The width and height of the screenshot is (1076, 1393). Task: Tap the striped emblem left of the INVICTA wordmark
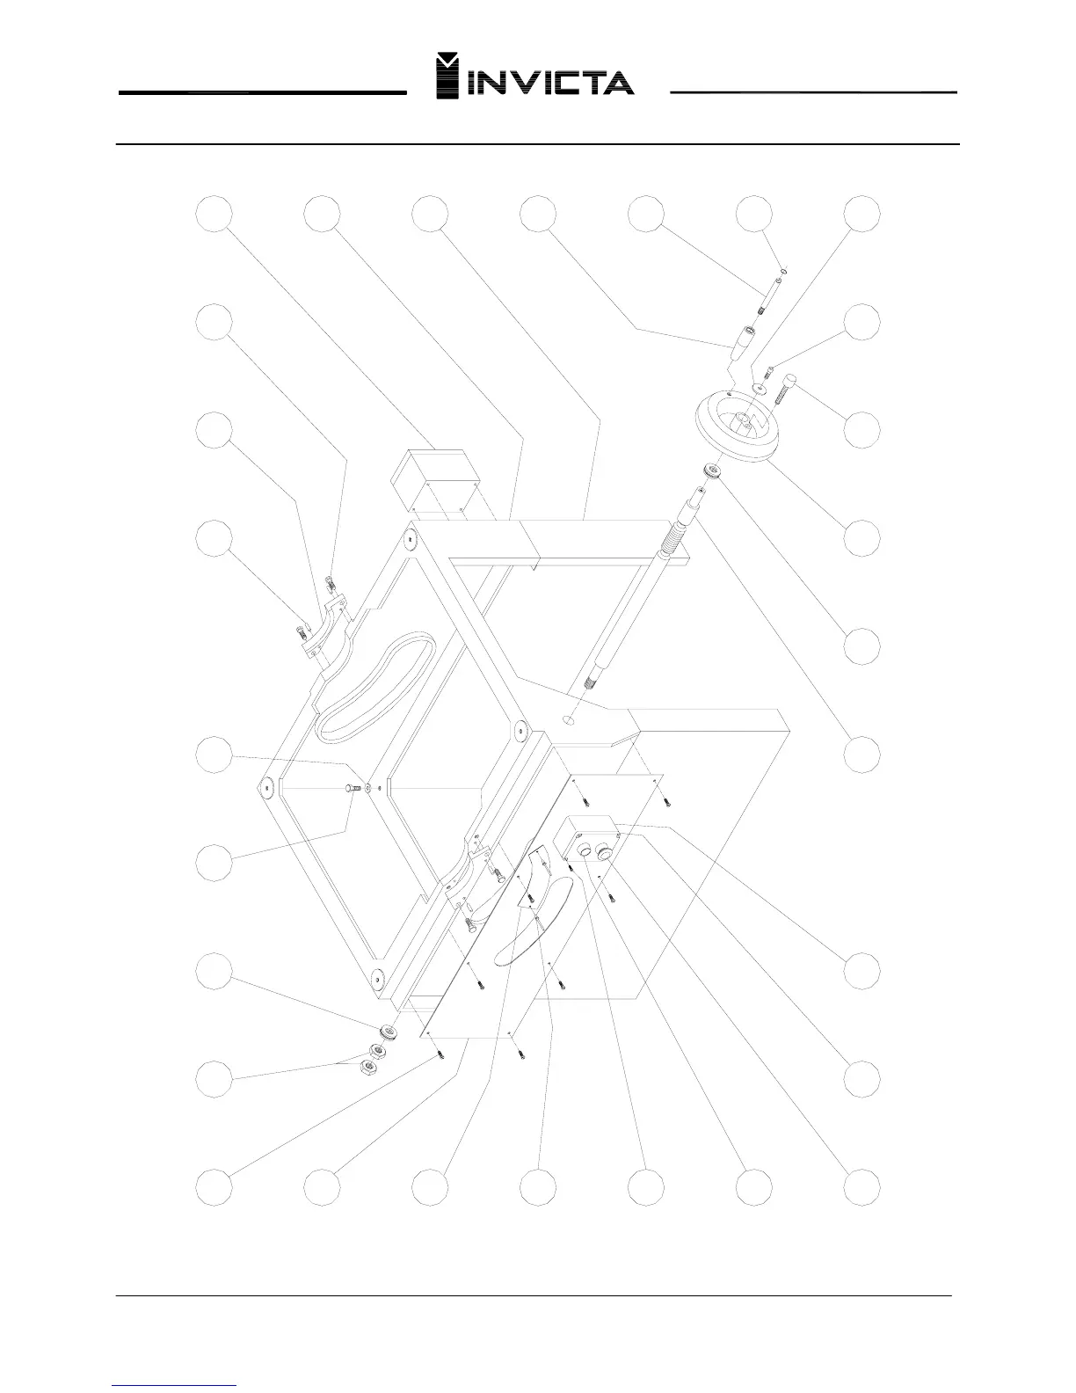pyautogui.click(x=449, y=77)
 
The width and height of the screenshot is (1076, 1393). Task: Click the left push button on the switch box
pyautogui.click(x=585, y=851)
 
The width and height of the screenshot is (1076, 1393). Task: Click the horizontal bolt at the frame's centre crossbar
pyautogui.click(x=354, y=788)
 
